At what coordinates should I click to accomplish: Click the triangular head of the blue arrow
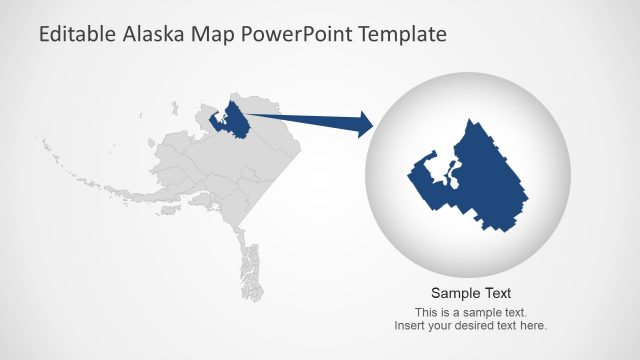click(x=360, y=125)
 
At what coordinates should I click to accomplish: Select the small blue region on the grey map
click(x=235, y=120)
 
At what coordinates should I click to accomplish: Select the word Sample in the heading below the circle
click(x=455, y=293)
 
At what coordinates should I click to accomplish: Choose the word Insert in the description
click(x=409, y=325)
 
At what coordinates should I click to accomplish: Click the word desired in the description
click(x=472, y=325)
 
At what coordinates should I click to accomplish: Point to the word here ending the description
click(x=534, y=325)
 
